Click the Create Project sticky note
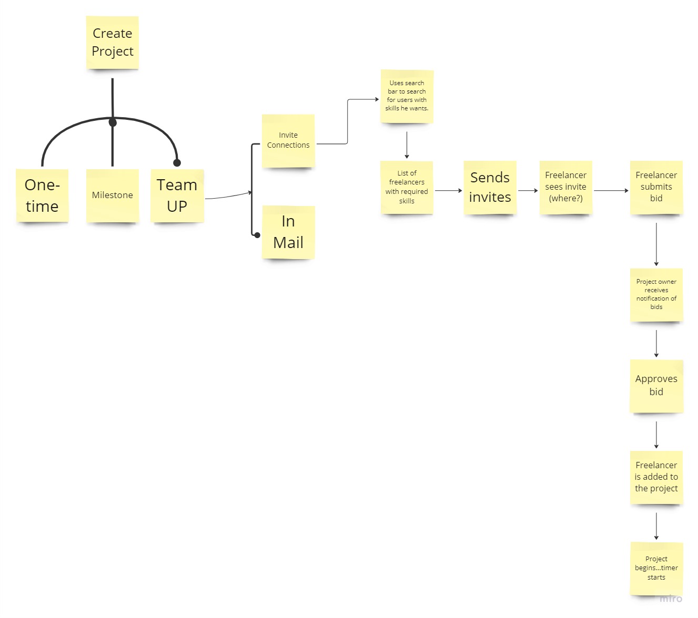click(x=113, y=43)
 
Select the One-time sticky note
click(x=42, y=195)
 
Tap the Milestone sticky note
click(x=113, y=195)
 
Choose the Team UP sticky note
click(x=177, y=195)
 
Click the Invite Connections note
click(x=288, y=140)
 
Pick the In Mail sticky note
click(x=288, y=232)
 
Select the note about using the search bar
click(x=407, y=96)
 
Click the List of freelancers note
click(x=407, y=187)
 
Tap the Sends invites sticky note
click(x=490, y=187)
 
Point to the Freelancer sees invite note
click(x=565, y=187)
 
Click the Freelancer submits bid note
click(x=656, y=187)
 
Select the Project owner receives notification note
click(x=656, y=295)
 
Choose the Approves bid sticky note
click(x=656, y=386)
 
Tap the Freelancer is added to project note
click(x=656, y=477)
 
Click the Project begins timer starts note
click(x=656, y=568)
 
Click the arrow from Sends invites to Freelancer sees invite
click(x=528, y=191)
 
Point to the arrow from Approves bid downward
click(x=656, y=435)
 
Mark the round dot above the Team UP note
click(x=177, y=163)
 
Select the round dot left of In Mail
click(x=257, y=235)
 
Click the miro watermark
click(x=671, y=599)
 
